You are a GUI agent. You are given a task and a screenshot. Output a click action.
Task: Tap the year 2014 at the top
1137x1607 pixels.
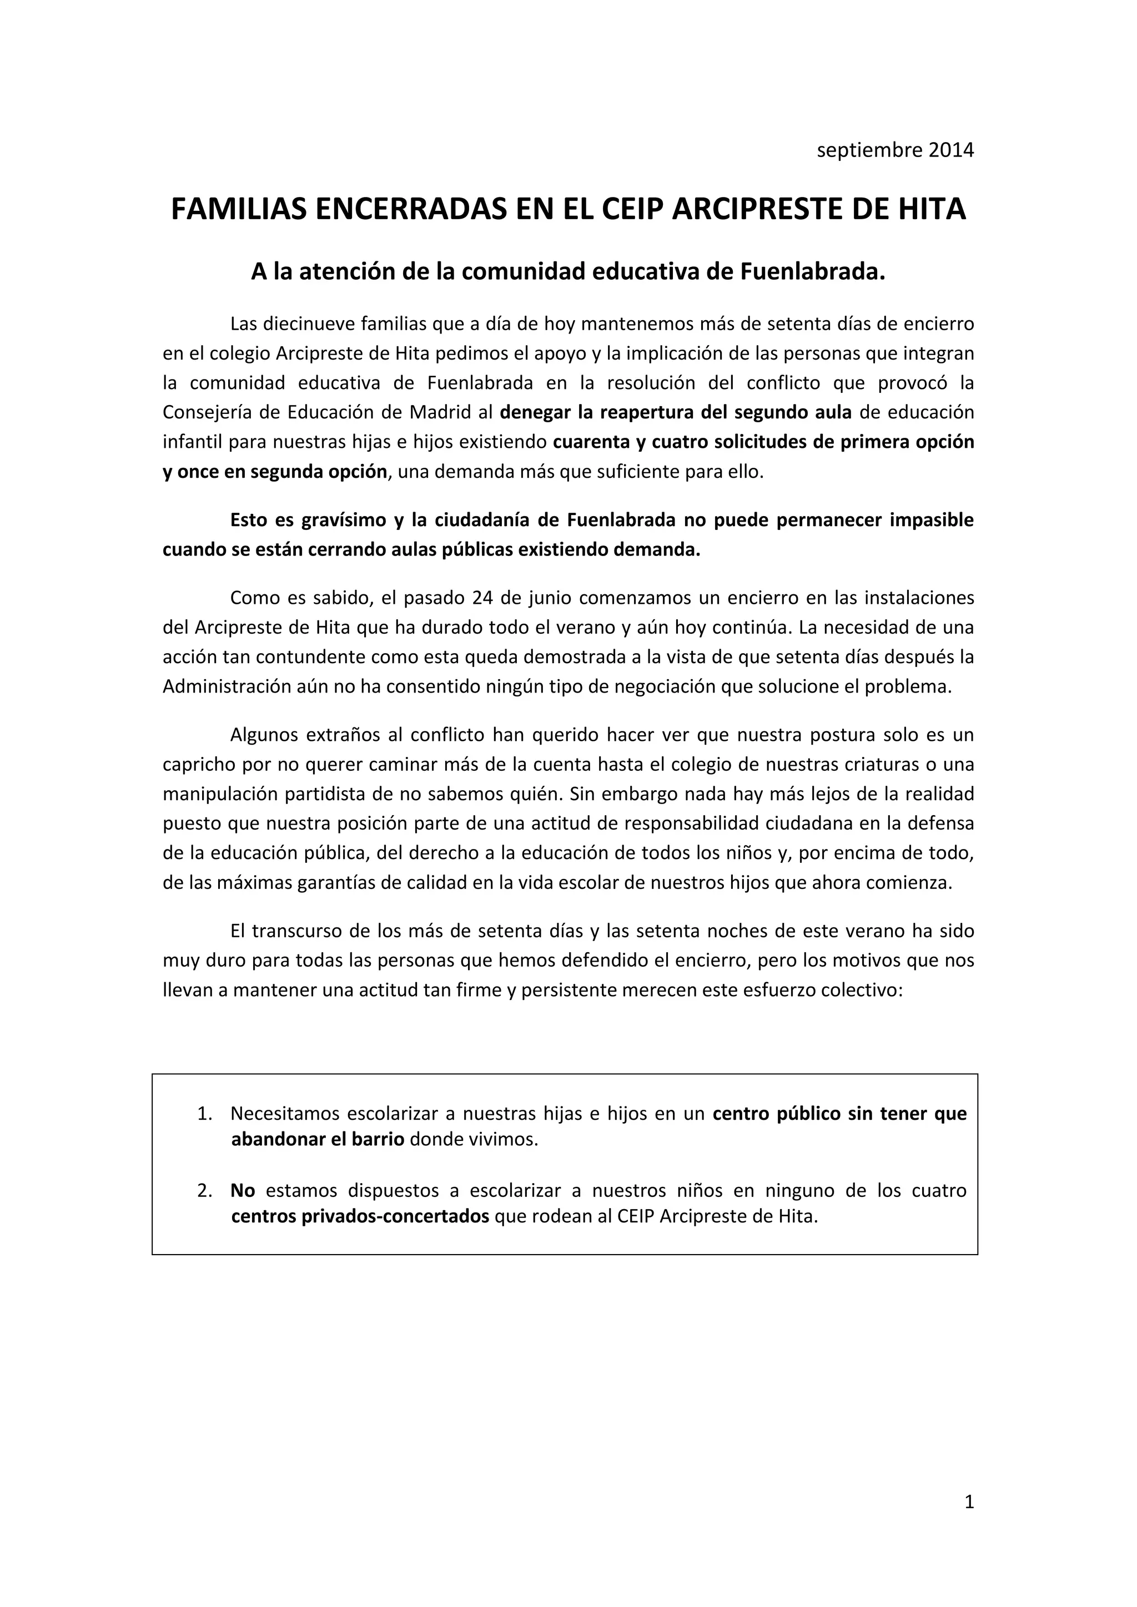point(951,150)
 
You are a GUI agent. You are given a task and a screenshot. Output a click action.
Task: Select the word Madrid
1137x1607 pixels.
point(440,412)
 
